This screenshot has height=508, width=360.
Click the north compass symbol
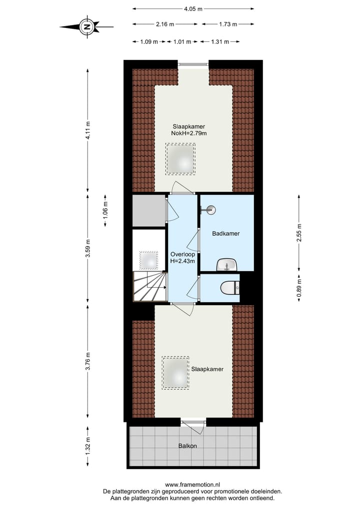(x=86, y=26)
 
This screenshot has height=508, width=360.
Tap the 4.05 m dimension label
(x=193, y=8)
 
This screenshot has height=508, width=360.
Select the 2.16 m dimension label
(x=165, y=24)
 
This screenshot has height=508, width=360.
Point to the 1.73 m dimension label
(x=227, y=24)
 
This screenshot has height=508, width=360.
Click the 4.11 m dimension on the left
(x=88, y=131)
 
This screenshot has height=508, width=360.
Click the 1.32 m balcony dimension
(x=88, y=448)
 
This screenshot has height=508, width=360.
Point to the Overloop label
(x=182, y=254)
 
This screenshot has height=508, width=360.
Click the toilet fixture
(x=230, y=288)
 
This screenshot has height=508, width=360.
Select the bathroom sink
(x=228, y=265)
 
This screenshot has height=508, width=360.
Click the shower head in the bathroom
(x=210, y=210)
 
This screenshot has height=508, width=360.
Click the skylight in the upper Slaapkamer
(x=180, y=159)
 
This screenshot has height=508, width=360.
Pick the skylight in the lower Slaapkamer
(x=175, y=373)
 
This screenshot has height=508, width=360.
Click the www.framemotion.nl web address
(x=192, y=485)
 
